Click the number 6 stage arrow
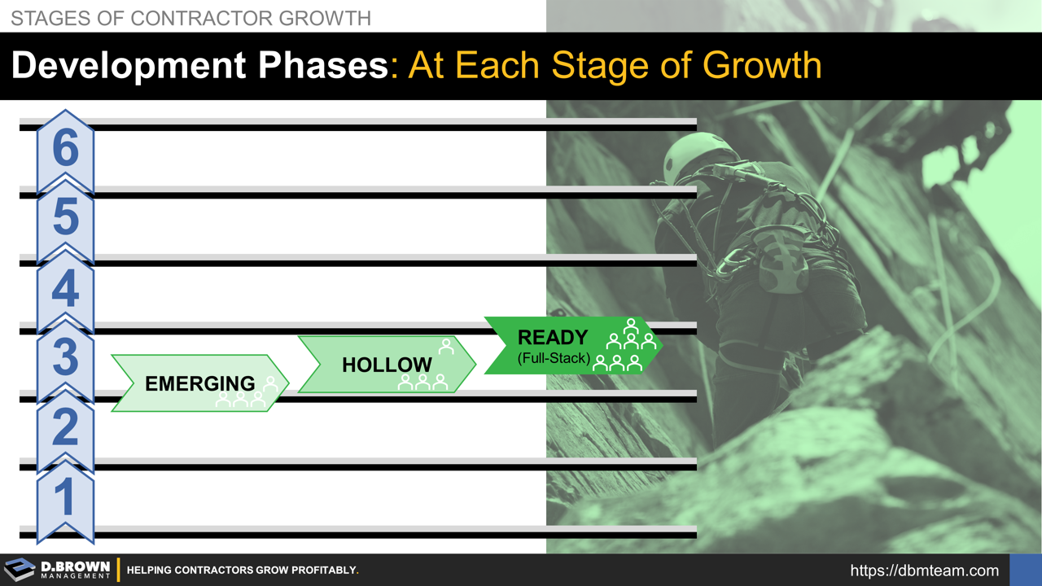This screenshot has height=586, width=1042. tap(65, 150)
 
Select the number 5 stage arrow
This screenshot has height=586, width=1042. tap(65, 218)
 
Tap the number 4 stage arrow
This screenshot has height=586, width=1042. tap(65, 287)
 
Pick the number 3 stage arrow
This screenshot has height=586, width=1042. tap(65, 356)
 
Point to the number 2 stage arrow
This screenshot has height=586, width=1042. tap(65, 426)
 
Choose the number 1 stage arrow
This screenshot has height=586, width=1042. tap(65, 496)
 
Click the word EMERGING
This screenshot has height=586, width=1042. tap(199, 383)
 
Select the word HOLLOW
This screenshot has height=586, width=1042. tap(387, 365)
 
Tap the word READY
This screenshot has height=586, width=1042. tap(553, 337)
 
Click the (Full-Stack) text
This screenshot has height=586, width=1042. tap(554, 358)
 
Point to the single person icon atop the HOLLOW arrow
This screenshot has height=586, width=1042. tap(446, 347)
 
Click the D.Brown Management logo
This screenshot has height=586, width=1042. tap(57, 570)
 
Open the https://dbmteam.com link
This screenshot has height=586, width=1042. tap(924, 571)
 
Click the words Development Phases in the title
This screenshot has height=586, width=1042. tap(200, 66)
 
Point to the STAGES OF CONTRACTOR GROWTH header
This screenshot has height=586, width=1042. tap(190, 17)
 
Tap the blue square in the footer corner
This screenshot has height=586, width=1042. tap(1025, 570)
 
